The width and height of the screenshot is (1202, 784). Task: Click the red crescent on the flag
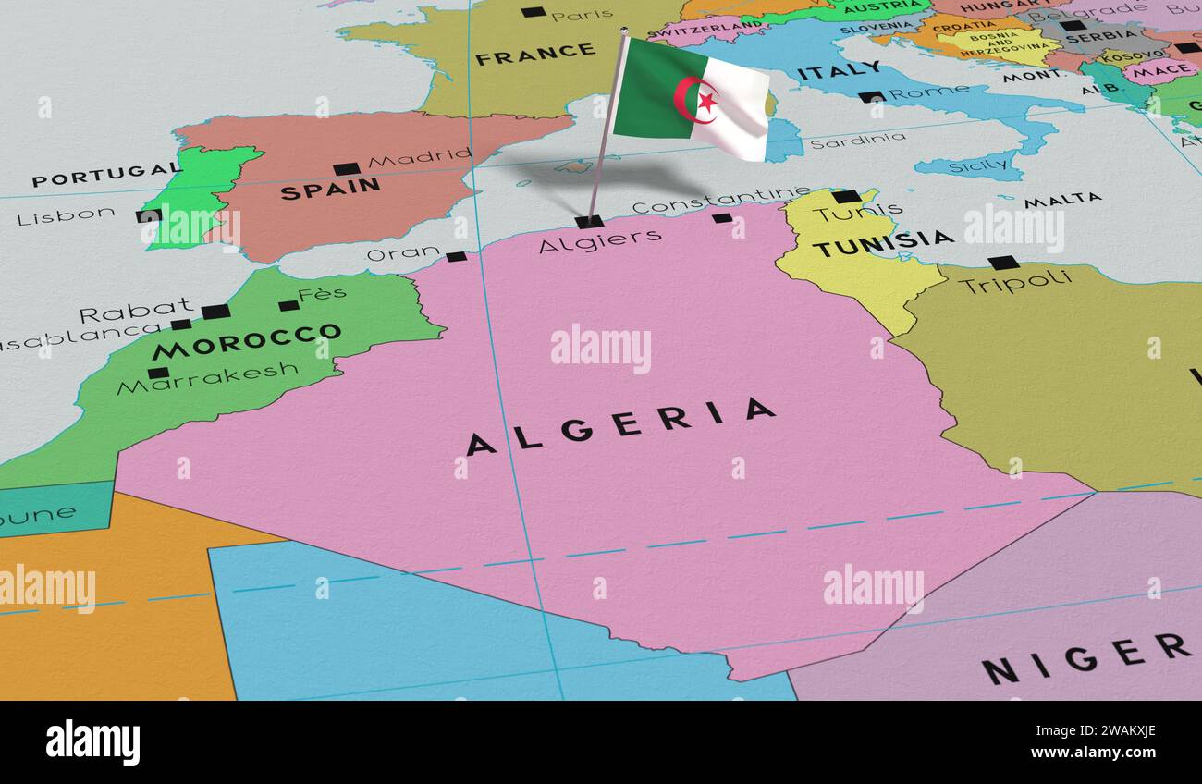click(692, 100)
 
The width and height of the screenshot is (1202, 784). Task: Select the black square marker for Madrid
click(346, 169)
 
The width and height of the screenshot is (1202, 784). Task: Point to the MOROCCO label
click(246, 341)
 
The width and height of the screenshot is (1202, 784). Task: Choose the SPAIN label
click(330, 189)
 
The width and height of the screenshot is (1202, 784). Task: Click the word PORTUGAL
click(104, 173)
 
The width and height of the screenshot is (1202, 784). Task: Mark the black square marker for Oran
click(456, 256)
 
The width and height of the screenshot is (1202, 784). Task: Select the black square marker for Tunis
click(845, 196)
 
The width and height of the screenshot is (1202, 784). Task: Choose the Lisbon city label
click(66, 216)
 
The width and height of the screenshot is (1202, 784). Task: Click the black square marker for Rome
click(870, 96)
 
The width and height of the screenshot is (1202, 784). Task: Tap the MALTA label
click(1062, 199)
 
